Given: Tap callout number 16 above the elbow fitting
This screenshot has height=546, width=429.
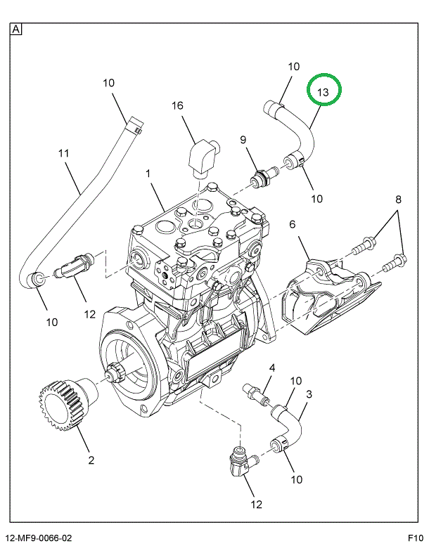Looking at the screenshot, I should tap(177, 106).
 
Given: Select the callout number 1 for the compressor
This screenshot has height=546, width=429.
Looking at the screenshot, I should tap(148, 173).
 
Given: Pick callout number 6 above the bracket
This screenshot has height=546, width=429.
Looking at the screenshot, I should tap(292, 225).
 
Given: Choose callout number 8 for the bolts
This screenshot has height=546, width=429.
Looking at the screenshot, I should tap(398, 200).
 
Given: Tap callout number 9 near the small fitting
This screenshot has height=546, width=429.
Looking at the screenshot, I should tap(244, 141).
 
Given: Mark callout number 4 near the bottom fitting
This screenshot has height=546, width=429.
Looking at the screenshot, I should tap(271, 368).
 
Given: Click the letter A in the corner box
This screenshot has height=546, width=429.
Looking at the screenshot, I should tap(16, 30).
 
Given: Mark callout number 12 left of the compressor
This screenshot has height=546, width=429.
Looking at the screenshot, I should tap(90, 314).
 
